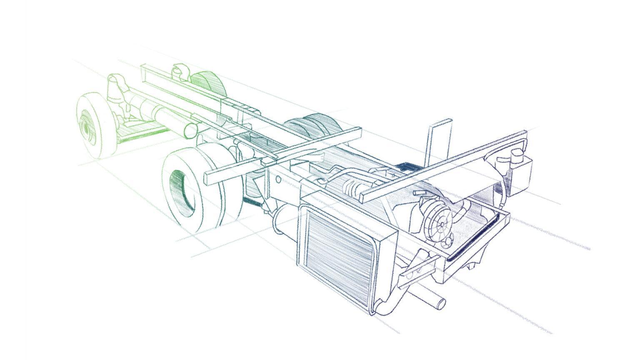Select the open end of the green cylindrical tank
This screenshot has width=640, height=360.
tap(190, 130)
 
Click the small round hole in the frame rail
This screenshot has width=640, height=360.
tap(278, 179)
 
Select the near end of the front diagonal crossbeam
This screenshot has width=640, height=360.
tap(366, 196)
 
